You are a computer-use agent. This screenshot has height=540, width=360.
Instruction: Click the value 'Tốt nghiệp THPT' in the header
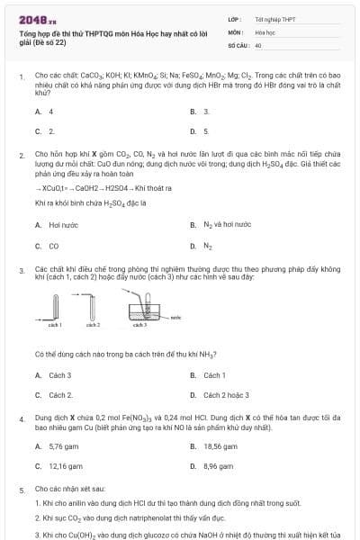click(x=275, y=18)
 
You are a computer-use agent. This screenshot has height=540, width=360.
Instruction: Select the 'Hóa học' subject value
click(x=265, y=31)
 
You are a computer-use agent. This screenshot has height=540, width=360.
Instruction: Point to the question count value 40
click(x=258, y=43)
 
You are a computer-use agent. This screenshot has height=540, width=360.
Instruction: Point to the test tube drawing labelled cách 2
click(x=93, y=308)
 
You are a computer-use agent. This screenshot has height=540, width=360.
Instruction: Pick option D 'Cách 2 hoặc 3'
click(x=224, y=394)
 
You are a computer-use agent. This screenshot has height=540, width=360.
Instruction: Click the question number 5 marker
click(x=22, y=490)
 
